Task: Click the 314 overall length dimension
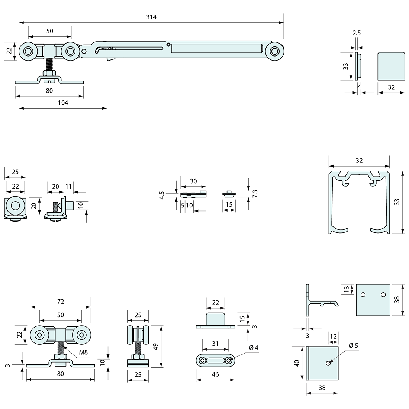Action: [151, 17]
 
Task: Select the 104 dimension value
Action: [63, 103]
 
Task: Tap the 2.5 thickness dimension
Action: [356, 33]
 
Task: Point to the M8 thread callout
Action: [83, 352]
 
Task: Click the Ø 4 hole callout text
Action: [254, 348]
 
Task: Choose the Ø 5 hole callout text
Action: [354, 345]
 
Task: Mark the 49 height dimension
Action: [156, 347]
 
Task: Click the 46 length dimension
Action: [215, 374]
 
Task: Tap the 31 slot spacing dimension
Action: [215, 344]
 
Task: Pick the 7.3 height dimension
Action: [255, 194]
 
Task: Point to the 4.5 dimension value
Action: [161, 195]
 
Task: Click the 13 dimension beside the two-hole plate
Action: [346, 289]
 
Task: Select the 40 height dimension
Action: [297, 363]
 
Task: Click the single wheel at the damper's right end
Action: [275, 51]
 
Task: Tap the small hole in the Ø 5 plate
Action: [327, 363]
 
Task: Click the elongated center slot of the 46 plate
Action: [215, 360]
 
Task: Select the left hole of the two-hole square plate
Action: [363, 295]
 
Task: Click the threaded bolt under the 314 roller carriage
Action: [49, 66]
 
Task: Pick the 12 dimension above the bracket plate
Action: [333, 336]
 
